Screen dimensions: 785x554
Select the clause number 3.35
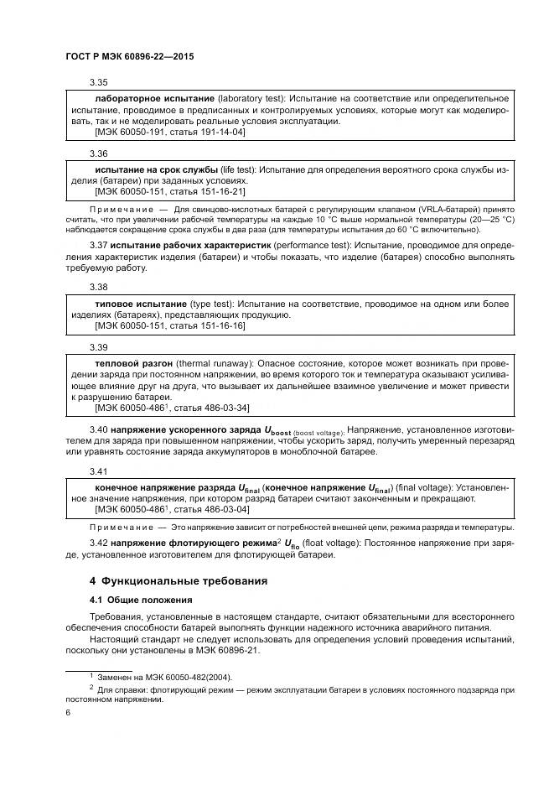tap(99, 83)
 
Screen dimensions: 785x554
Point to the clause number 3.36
tap(99, 154)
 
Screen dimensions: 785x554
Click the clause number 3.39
tap(99, 347)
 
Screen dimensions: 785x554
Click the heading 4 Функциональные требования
tap(179, 580)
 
